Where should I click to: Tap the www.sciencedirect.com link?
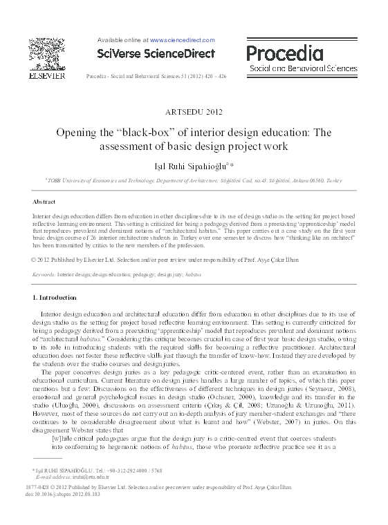tap(182, 40)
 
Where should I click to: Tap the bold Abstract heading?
tap(44, 202)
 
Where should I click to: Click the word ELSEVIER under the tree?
tap(48, 77)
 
